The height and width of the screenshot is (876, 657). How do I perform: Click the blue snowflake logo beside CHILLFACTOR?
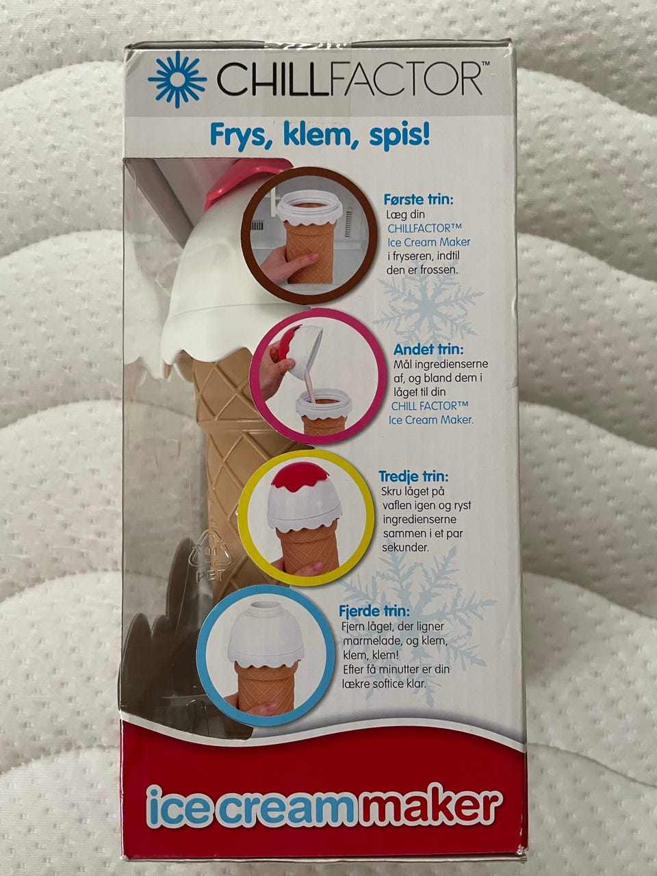click(x=177, y=79)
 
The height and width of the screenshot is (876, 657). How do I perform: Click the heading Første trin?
click(x=418, y=199)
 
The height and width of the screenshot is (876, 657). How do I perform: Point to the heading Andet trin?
click(x=428, y=349)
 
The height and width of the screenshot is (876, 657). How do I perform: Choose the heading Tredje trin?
click(x=413, y=476)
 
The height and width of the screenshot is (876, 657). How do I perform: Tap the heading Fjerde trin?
click(x=374, y=611)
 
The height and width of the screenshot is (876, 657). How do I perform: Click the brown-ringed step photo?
click(x=309, y=236)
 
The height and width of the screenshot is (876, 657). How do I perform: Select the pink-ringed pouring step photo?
click(x=318, y=378)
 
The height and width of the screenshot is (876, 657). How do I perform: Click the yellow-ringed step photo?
click(x=307, y=517)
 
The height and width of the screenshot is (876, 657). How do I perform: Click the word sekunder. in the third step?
click(x=405, y=547)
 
